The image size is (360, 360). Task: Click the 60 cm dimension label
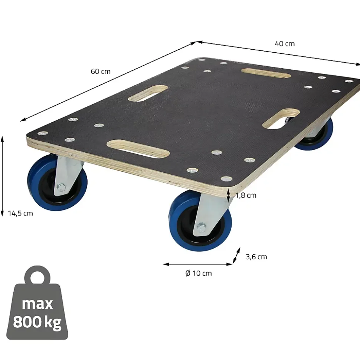pos(101,72)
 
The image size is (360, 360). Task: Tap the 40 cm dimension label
pos(285,44)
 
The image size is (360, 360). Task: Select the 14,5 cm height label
pos(20,213)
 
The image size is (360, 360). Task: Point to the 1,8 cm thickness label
pos(246,195)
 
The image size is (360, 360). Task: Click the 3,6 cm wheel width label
pos(256,257)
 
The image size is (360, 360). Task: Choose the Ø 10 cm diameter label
pos(199,273)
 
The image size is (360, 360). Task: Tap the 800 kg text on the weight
pos(37,322)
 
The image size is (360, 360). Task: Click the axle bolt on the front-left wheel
pos(60,188)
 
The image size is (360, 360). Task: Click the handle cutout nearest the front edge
pos(138,149)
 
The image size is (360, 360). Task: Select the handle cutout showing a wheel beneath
pos(281,119)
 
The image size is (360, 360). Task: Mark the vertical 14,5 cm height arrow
pos(2,176)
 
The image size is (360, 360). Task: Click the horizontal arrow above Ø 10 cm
pos(198,264)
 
